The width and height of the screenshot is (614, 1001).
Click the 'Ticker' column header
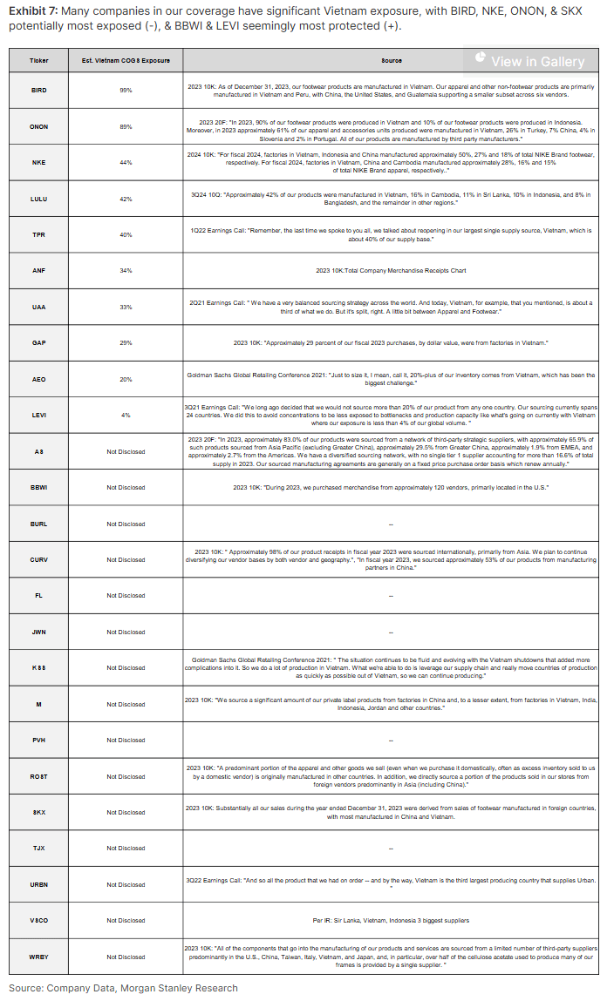[x=39, y=61]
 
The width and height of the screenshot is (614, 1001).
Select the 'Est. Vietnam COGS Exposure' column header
[x=126, y=61]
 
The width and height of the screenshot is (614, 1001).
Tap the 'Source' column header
[x=391, y=61]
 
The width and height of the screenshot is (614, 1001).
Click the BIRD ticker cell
[x=39, y=90]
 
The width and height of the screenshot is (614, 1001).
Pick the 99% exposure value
[x=126, y=90]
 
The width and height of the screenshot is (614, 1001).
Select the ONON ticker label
[x=39, y=126]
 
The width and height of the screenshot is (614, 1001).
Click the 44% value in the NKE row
[x=126, y=162]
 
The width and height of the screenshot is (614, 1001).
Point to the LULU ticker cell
[x=39, y=199]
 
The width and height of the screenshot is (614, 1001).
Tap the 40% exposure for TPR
[x=126, y=234]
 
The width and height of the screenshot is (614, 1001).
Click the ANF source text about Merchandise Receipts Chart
[x=391, y=271]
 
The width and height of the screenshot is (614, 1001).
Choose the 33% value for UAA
[x=126, y=307]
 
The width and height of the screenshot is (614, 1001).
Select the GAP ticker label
[x=39, y=343]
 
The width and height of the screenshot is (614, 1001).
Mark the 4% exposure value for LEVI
[x=126, y=415]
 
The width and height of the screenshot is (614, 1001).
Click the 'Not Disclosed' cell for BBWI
[x=126, y=487]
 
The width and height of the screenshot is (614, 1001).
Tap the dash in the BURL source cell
[x=391, y=524]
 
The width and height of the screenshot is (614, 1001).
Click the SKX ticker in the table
[x=39, y=812]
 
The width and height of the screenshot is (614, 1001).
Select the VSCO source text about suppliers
[x=391, y=920]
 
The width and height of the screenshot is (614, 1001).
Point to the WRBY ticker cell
[x=39, y=957]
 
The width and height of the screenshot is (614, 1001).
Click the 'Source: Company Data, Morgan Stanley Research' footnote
[x=123, y=988]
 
